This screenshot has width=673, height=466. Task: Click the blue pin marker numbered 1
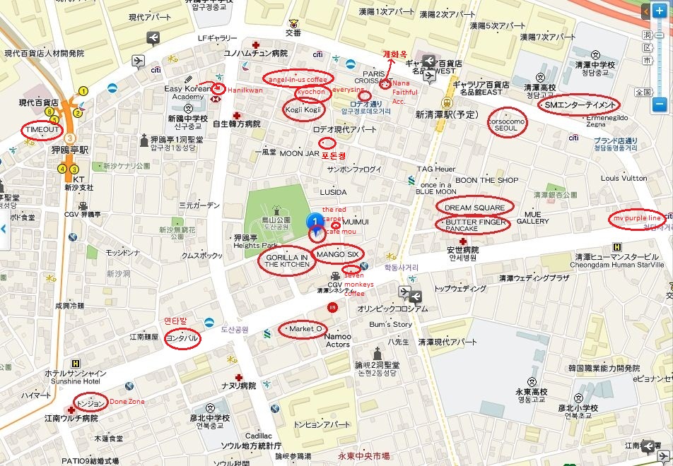[315, 222]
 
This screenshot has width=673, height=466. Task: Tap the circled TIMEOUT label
[41, 131]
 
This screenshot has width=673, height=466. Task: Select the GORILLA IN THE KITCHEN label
[286, 261]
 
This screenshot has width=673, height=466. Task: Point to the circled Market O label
[304, 329]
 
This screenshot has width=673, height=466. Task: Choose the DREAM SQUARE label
[474, 208]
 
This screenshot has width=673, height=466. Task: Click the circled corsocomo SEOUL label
[508, 123]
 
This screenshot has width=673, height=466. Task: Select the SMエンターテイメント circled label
[577, 105]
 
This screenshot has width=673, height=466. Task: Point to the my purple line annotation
[637, 219]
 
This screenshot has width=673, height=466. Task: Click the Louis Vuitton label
[624, 179]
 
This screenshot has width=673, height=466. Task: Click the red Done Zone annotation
[127, 402]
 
